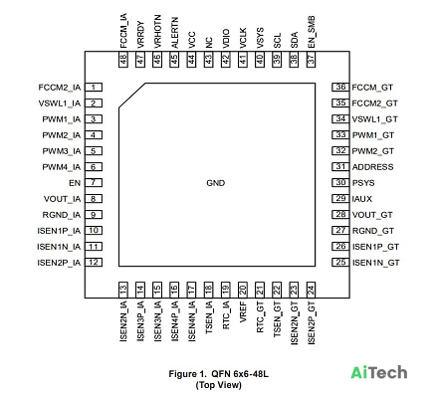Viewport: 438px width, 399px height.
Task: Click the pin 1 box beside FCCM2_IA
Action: pos(94,88)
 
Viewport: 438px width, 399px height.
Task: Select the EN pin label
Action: pos(75,183)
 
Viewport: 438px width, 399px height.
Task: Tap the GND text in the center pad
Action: pos(216,183)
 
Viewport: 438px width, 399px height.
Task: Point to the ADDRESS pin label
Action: pos(372,167)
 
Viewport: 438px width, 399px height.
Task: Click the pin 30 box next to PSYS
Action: pos(340,183)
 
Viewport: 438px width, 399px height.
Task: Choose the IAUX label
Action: pos(362,199)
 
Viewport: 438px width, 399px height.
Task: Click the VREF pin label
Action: pos(243,311)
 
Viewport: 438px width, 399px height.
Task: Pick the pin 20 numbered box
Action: pos(243,290)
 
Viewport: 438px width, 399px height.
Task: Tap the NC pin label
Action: pos(209,43)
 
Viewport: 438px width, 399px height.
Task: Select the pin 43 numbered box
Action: pos(209,60)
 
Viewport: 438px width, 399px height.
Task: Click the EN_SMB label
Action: pos(312,32)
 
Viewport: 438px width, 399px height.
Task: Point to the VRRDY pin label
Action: pos(140,35)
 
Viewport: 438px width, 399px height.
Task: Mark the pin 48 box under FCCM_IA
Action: pos(123,60)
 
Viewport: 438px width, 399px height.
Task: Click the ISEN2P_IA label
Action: pos(59,263)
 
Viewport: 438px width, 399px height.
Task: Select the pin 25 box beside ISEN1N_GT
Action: pos(340,263)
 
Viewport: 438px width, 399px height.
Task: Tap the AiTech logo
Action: pos(379,372)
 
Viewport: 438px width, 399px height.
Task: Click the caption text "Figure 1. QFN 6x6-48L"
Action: pos(219,374)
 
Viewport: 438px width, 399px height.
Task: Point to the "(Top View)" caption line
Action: pos(219,385)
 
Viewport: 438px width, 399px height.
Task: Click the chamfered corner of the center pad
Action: pos(132,96)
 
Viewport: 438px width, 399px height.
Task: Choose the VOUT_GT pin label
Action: pos(372,215)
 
